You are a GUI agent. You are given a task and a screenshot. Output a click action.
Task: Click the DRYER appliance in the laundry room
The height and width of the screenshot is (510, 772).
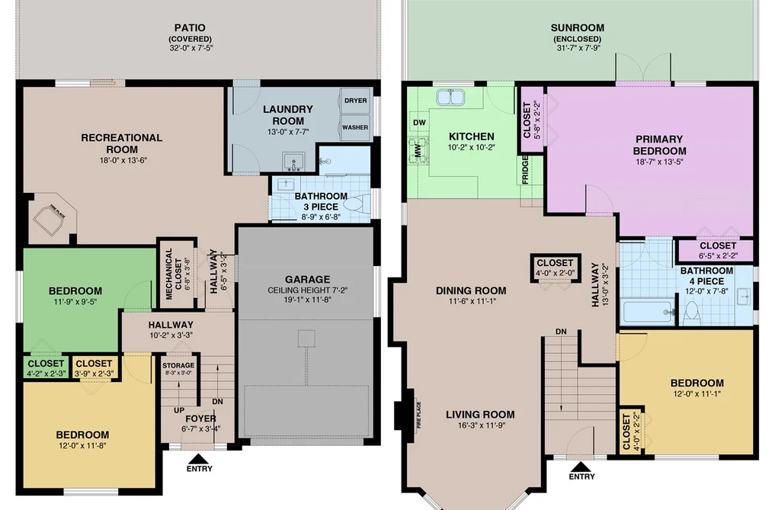355,101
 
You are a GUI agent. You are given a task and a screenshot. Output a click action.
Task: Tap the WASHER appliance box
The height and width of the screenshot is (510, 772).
355,127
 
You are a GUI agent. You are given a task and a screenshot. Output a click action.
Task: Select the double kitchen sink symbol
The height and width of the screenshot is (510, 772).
450,98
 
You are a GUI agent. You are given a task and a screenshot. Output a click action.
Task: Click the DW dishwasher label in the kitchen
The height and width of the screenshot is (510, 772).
419,123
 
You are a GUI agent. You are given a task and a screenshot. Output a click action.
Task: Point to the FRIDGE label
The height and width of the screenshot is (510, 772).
525,169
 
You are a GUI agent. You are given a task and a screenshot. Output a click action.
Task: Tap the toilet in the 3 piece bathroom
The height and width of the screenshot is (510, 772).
356,204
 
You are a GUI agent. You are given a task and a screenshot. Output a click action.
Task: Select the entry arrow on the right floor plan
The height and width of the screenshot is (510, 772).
581,467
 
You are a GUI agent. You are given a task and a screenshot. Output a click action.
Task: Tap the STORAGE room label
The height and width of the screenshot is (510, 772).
178,365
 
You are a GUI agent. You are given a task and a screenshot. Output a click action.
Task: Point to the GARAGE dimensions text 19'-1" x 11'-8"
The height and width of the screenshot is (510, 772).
307,299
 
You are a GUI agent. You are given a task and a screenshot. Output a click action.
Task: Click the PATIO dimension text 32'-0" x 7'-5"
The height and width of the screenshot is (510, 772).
190,48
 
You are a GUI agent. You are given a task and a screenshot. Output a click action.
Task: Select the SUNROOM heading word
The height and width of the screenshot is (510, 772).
578,27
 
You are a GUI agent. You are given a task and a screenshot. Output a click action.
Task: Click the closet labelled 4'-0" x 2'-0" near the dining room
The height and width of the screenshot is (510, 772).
556,268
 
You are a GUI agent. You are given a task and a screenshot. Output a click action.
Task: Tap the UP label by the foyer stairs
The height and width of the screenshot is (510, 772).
179,410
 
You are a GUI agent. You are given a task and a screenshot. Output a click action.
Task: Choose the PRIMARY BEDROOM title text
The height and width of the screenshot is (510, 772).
659,145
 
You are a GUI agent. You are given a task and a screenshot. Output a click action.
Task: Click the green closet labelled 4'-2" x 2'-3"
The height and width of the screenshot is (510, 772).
46,367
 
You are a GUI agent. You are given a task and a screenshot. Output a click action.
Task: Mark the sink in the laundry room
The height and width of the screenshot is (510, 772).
293,162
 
